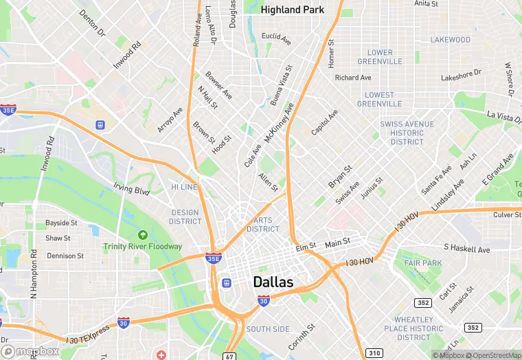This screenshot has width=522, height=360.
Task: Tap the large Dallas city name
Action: click(273, 282)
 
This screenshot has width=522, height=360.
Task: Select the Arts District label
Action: click(263, 225)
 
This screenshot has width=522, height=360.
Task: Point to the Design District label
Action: click(185, 217)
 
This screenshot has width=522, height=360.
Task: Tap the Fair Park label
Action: click(423, 263)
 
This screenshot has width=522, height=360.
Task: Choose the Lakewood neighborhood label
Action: click(450, 40)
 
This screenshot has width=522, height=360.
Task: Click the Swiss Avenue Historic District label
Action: click(407, 133)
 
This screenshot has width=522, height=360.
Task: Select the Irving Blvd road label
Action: click(132, 189)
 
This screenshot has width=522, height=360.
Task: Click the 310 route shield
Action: click(374, 352)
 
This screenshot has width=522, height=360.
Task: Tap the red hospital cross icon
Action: click(161, 355)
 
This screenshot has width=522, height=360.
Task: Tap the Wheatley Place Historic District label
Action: click(413, 328)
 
